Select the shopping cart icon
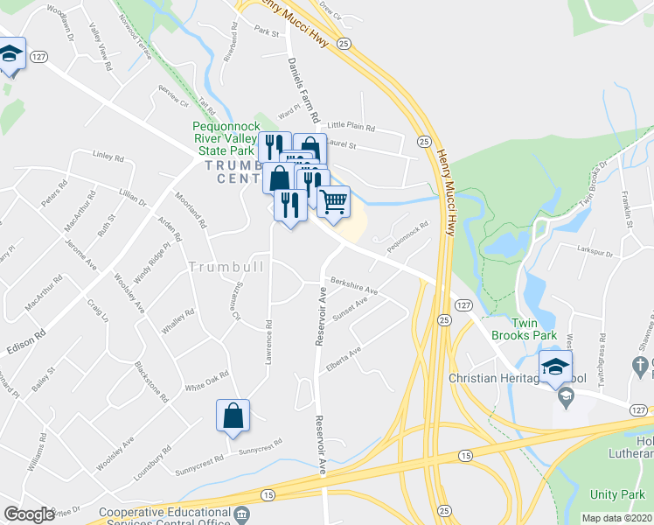(334, 202)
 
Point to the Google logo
(29, 514)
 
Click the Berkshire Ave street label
(353, 285)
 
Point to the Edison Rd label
(26, 339)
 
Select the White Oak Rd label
(205, 381)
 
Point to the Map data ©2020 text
(617, 518)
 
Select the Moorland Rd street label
(190, 211)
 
